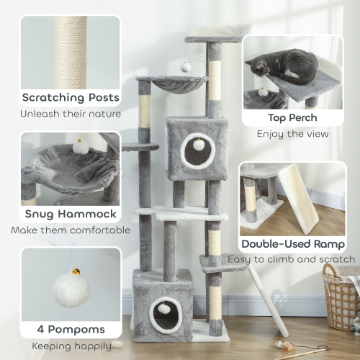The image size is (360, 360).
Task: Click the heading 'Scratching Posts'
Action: [x=71, y=97]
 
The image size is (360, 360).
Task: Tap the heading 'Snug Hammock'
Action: [x=70, y=215]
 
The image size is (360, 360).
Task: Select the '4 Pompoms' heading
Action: [x=70, y=329]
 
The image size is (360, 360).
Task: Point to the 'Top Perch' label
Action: [x=292, y=117]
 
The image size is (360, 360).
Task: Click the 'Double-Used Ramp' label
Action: [x=292, y=243]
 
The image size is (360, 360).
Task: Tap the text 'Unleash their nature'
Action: [x=71, y=113]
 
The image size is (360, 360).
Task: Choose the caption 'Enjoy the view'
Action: [x=292, y=133]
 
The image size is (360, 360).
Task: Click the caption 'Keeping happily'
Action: [x=70, y=345]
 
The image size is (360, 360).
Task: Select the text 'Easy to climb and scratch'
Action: [x=292, y=259]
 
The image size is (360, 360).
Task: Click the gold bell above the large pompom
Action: [x=75, y=272]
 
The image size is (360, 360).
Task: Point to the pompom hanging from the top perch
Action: [x=186, y=67]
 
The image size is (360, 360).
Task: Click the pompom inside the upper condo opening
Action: [x=197, y=144]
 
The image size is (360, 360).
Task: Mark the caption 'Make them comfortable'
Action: [x=70, y=230]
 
